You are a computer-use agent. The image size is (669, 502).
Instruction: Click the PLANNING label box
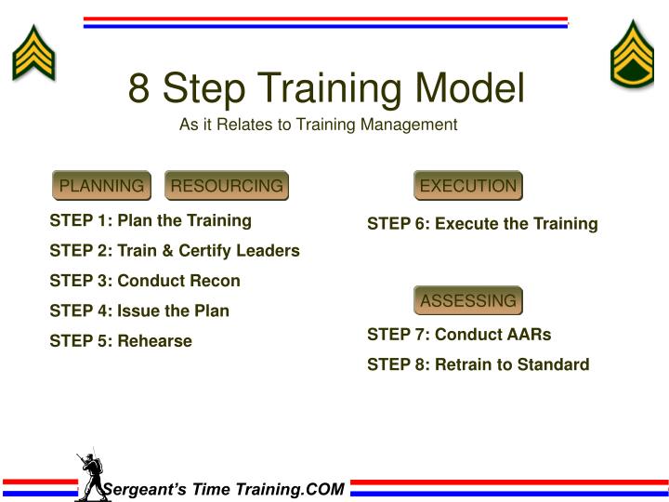(101, 186)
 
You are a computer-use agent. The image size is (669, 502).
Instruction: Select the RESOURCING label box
(227, 186)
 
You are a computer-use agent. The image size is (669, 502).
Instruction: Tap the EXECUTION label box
(467, 186)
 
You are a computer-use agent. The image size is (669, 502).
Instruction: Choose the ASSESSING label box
(467, 301)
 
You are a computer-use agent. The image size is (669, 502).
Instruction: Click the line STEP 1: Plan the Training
(151, 220)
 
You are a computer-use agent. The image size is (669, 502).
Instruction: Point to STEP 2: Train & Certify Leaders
(174, 251)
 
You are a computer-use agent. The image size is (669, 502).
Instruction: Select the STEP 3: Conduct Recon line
(144, 281)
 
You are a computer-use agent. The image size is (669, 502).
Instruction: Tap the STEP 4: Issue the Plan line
(138, 310)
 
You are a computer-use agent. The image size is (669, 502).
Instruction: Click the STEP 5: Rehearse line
(120, 341)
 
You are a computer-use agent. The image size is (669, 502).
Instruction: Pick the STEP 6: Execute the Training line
(482, 224)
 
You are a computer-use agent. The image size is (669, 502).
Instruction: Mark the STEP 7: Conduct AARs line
(459, 335)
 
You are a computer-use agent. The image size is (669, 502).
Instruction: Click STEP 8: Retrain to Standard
(478, 364)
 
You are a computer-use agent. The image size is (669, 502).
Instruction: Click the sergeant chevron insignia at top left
(33, 52)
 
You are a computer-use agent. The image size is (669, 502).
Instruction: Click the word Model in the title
(469, 89)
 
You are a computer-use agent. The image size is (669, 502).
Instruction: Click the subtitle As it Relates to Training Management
(319, 125)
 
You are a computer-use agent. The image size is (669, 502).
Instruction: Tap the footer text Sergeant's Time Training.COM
(223, 489)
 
